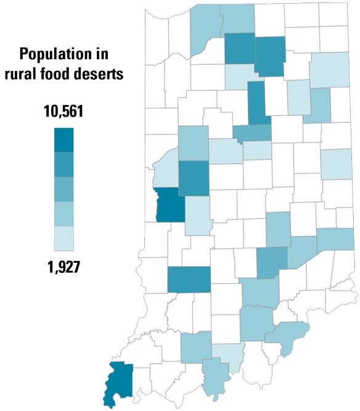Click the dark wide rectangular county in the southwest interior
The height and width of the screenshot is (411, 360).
point(189,280)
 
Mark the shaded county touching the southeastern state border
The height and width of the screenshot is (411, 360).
point(336,239)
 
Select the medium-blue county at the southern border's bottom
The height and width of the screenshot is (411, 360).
point(215,376)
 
